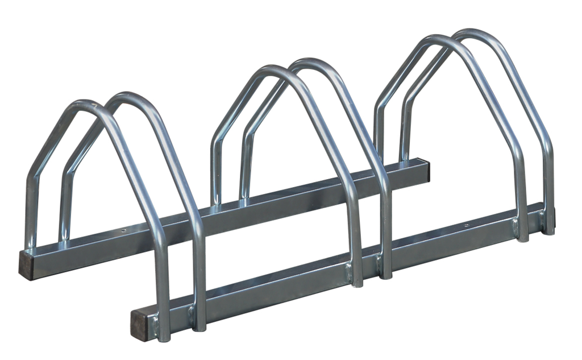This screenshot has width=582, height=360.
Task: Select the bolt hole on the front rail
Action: tap(467, 225)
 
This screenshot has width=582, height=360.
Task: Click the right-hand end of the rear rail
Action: tap(425, 169)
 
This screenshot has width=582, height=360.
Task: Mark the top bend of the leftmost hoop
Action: tap(82, 105)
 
